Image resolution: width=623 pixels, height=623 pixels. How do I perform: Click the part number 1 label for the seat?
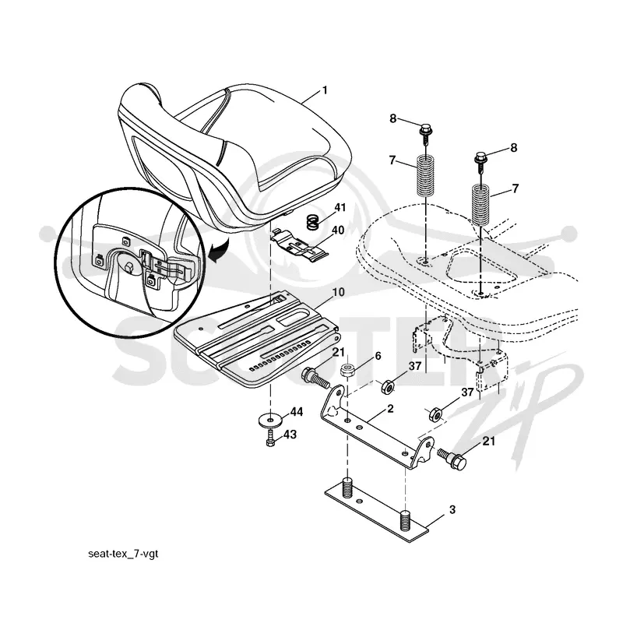tap(325, 90)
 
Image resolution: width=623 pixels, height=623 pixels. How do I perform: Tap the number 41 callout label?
tap(340, 207)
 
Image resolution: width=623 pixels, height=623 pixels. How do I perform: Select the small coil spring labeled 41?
tap(313, 222)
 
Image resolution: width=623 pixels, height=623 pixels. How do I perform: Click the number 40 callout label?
tap(338, 231)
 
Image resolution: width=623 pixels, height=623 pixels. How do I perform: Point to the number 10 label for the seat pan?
tap(338, 292)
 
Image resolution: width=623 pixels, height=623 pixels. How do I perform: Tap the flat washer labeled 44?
tap(271, 420)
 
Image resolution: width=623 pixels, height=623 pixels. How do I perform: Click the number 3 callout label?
tap(452, 509)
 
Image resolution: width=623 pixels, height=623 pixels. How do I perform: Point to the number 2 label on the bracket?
tap(390, 408)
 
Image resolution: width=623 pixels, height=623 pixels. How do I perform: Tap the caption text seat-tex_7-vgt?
tap(123, 554)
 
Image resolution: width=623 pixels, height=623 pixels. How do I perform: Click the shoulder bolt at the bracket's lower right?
tap(452, 458)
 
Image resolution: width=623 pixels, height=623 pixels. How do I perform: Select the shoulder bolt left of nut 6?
tap(316, 378)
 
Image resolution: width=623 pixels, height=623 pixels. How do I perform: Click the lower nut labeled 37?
tap(435, 415)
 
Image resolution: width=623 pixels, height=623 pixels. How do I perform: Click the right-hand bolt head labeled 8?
tap(480, 158)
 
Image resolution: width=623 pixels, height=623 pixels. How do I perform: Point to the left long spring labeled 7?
tap(426, 176)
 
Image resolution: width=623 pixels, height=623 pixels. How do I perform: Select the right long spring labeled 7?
tap(480, 205)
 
